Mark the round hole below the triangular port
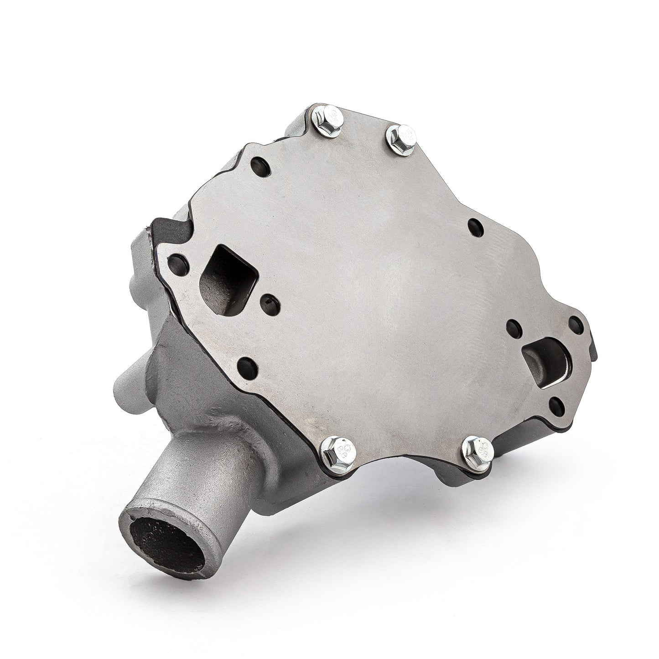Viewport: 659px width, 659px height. (248, 367)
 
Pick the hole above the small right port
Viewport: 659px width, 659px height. (576, 325)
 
